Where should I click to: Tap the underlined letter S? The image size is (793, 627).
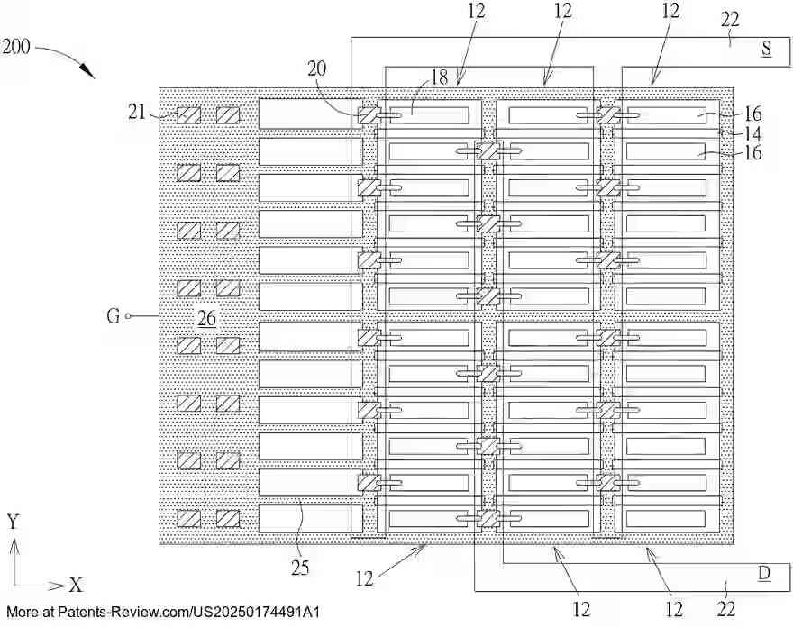[x=766, y=50]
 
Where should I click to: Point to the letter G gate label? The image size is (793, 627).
[x=113, y=316]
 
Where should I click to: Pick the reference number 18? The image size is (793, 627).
[x=439, y=77]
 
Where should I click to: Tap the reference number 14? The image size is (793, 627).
[x=752, y=132]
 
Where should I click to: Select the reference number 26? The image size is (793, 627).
[x=206, y=318]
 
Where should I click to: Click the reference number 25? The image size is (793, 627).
[x=300, y=568]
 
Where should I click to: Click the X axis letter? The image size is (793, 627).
[x=76, y=586]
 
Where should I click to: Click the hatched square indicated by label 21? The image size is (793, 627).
[x=188, y=115]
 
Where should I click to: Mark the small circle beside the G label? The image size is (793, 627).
[x=128, y=316]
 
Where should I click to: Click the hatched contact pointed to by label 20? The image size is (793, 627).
[x=368, y=115]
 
